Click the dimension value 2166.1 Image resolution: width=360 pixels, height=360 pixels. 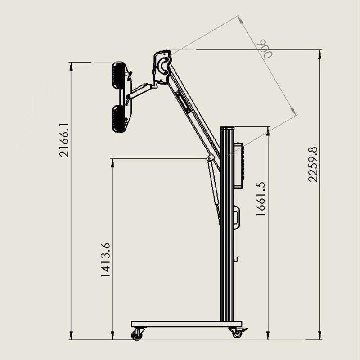[64, 140]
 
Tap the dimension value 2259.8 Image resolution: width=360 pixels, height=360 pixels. [313, 164]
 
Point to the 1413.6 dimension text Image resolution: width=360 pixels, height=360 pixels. [105, 260]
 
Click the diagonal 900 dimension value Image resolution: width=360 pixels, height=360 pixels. [265, 49]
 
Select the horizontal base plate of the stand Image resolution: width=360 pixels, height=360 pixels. [186, 324]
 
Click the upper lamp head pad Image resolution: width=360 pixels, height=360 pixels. [118, 75]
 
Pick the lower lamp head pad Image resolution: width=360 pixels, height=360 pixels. [119, 119]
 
